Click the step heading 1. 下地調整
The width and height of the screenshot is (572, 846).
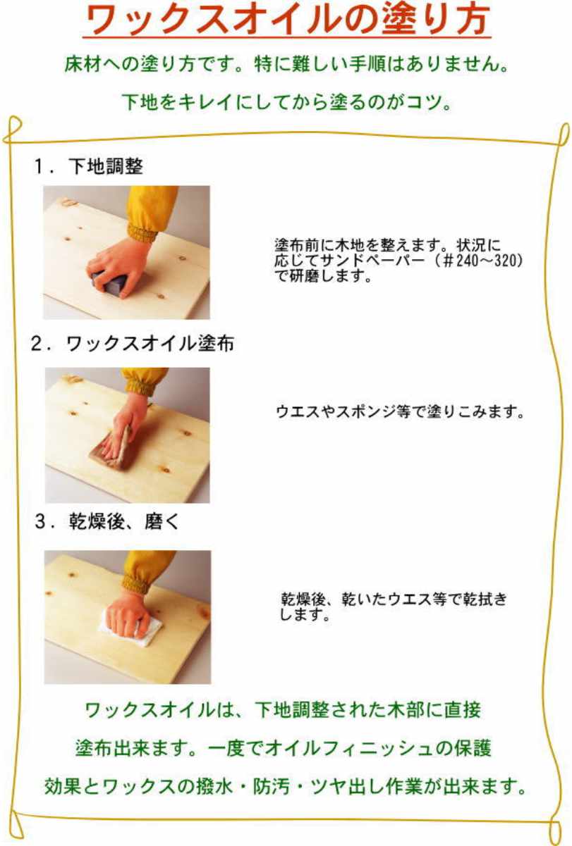point(89,166)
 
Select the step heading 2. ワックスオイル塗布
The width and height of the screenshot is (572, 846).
point(133,343)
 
